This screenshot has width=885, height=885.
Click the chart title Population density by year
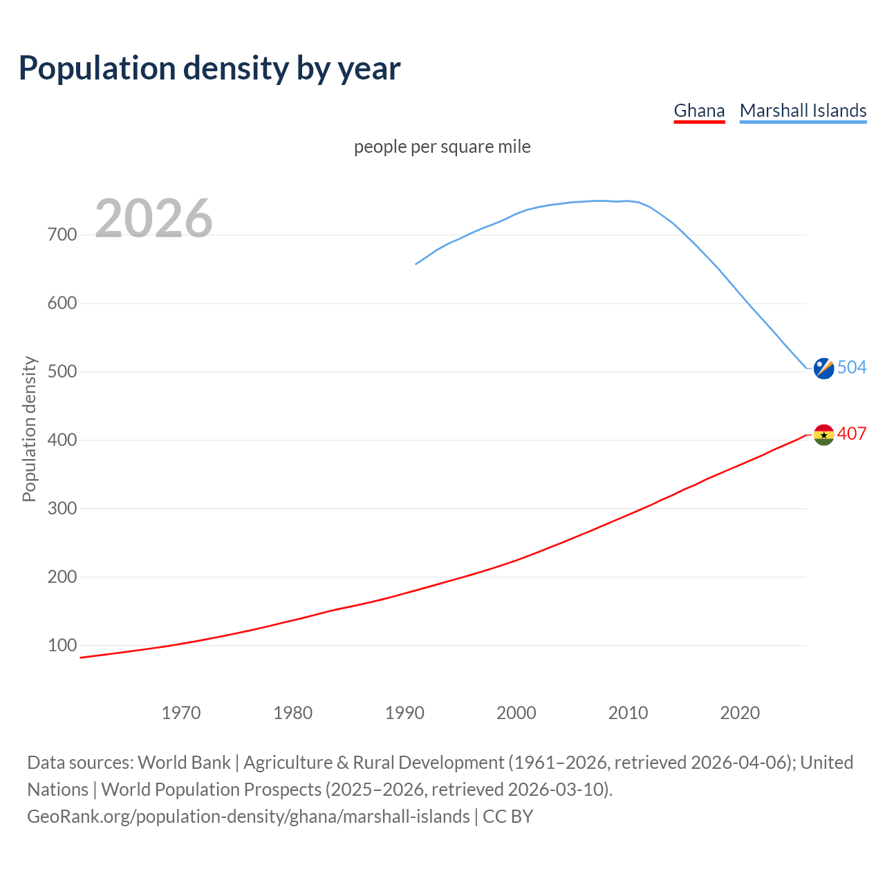click(x=209, y=68)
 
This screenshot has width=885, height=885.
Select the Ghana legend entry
click(x=699, y=111)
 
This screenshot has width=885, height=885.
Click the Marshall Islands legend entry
click(x=803, y=111)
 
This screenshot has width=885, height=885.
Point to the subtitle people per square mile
click(x=442, y=147)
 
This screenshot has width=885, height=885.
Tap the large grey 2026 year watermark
click(x=153, y=218)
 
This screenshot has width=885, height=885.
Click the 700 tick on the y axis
click(x=62, y=235)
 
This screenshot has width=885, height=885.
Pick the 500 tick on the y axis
click(x=62, y=372)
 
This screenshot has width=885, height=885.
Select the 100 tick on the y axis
click(x=62, y=646)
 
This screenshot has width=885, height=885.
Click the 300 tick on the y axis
click(x=62, y=509)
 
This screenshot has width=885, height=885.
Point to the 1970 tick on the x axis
click(x=181, y=713)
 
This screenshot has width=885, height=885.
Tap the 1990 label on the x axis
click(x=404, y=713)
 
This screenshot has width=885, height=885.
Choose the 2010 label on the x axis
click(x=628, y=713)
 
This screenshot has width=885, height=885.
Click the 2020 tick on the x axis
click(x=740, y=713)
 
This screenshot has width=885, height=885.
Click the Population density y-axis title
click(x=29, y=429)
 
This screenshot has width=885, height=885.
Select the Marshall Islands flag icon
click(x=823, y=369)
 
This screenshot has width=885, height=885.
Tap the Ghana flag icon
click(x=823, y=435)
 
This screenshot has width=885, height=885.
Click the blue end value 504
click(x=852, y=367)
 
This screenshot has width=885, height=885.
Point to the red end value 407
click(x=852, y=434)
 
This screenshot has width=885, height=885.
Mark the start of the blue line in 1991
click(x=416, y=263)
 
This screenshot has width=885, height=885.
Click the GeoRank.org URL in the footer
click(x=248, y=817)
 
